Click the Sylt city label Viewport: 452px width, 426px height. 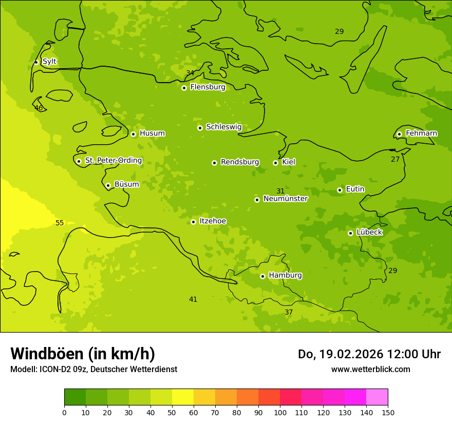coord(49,62)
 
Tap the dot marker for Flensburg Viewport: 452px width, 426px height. coord(184,88)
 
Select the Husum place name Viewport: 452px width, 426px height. coord(152,133)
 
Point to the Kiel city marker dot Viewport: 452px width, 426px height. coord(275,163)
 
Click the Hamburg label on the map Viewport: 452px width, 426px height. coord(285,276)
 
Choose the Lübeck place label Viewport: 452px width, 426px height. coord(369,233)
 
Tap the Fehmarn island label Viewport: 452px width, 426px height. coord(421,133)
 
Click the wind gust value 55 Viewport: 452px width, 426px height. coord(60,223)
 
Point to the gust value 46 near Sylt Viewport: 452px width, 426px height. coord(39,108)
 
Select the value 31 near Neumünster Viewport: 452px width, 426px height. coord(280,191)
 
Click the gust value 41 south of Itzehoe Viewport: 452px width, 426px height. coord(193,299)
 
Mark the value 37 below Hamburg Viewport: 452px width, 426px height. coord(289,312)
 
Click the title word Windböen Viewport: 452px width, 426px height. coord(47,354)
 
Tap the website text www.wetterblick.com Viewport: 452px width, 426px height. coord(370,369)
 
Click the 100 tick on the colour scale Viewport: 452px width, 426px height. coord(280,412)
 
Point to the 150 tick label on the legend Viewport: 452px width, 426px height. coord(387,412)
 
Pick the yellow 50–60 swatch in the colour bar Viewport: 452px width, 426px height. coord(183,397)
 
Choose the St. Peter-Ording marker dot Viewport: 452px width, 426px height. coord(79,161)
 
